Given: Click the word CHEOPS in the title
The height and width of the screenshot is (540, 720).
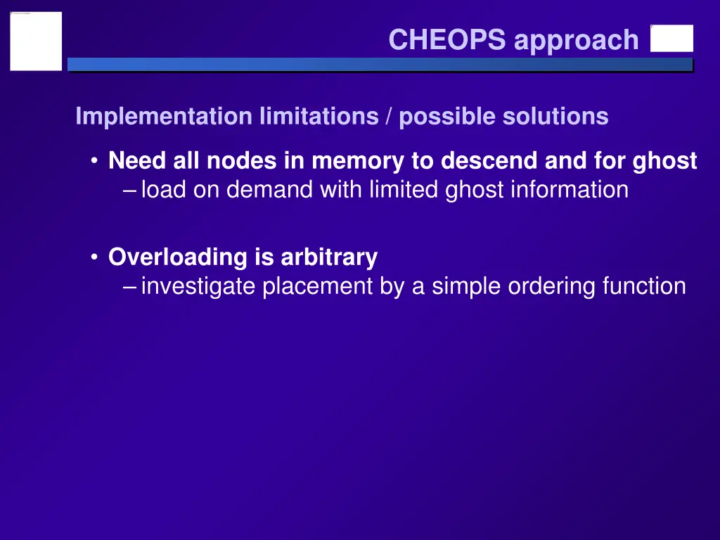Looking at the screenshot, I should (x=446, y=40).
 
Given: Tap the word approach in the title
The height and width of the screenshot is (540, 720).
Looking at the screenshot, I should (x=576, y=41).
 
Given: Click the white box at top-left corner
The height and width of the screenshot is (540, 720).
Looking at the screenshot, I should (x=36, y=41).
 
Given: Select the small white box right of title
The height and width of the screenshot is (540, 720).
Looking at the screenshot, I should (x=671, y=39).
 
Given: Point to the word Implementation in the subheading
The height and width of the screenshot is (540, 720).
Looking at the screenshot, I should (x=163, y=116).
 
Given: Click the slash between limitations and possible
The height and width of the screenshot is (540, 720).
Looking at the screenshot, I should (x=390, y=116).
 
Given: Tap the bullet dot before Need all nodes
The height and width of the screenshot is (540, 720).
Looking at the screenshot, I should (x=94, y=162).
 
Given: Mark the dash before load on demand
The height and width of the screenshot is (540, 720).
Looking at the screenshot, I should (x=130, y=190).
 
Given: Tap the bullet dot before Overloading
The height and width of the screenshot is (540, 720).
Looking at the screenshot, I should (x=94, y=258).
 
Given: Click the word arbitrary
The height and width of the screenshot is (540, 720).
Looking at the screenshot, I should (x=329, y=257).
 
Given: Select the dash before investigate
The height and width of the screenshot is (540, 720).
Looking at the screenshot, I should (x=130, y=286).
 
